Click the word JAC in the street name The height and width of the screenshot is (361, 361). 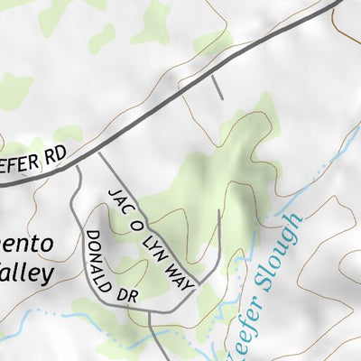119,200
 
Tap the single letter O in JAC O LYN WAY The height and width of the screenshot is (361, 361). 138,225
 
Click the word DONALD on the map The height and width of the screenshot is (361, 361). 100,255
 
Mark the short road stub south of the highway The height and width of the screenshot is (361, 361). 218,87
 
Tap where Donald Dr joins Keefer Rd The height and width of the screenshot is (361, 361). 79,164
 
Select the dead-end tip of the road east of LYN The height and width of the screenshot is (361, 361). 219,212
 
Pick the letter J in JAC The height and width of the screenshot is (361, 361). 112,192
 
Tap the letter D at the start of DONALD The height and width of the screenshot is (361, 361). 90,236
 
